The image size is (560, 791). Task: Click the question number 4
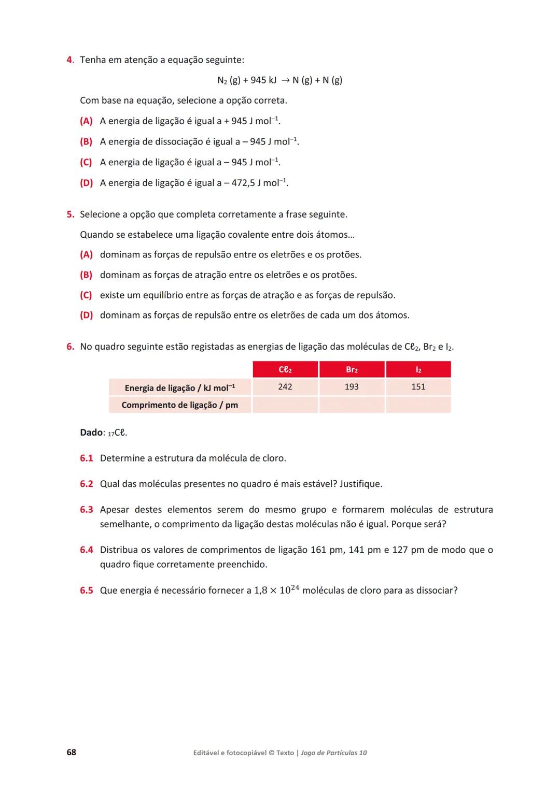click(x=70, y=60)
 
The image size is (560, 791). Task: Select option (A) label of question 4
click(x=86, y=121)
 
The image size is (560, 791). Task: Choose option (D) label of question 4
click(x=86, y=183)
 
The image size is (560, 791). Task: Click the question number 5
click(x=70, y=214)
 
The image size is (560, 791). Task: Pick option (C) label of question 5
click(x=86, y=295)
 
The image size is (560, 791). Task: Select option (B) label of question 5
click(x=86, y=275)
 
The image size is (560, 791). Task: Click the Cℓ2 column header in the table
click(x=285, y=369)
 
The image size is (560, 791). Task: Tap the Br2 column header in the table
click(x=352, y=369)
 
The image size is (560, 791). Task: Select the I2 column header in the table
click(x=418, y=369)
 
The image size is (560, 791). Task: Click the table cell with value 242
click(x=285, y=387)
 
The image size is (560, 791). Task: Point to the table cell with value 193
click(x=352, y=387)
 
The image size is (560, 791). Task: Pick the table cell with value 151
click(x=418, y=387)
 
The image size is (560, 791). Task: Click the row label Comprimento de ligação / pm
click(x=179, y=405)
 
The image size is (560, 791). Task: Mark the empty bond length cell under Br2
click(x=352, y=405)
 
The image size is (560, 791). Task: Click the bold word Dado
click(x=91, y=433)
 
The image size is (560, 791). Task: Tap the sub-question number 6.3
click(x=87, y=510)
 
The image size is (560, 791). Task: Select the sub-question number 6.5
click(x=87, y=591)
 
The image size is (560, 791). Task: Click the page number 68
click(x=72, y=752)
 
